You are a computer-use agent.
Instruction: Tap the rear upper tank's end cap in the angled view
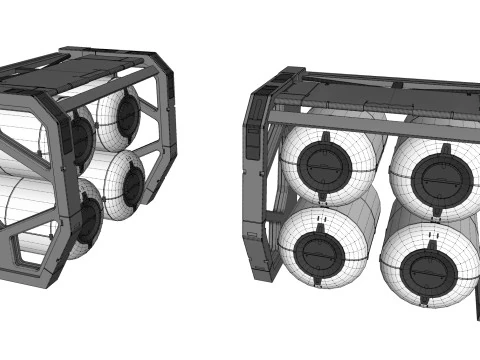point(128,113)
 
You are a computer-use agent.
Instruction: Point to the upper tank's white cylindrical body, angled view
point(25,135)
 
